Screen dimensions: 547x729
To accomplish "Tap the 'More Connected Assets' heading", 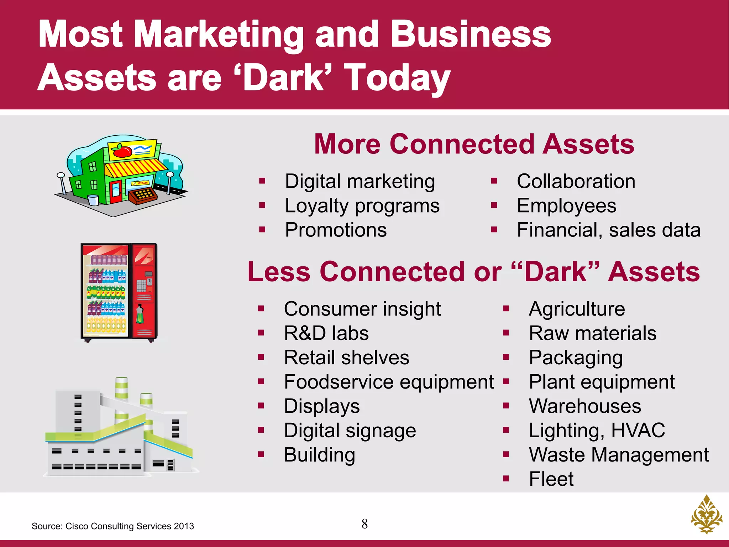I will pyautogui.click(x=474, y=144).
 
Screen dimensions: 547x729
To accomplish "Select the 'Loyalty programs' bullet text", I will pyautogui.click(x=362, y=206).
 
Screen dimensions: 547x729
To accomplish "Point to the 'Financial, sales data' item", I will pyautogui.click(x=608, y=230).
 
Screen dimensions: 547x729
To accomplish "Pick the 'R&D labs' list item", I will pyautogui.click(x=326, y=334).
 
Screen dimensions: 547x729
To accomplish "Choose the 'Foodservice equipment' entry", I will pyautogui.click(x=389, y=382).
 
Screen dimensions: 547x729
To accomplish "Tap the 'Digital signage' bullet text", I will pyautogui.click(x=350, y=431).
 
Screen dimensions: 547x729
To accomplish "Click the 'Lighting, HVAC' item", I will pyautogui.click(x=597, y=431).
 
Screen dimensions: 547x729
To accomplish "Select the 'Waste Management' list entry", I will pyautogui.click(x=619, y=455).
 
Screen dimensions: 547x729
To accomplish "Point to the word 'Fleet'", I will pyautogui.click(x=551, y=479).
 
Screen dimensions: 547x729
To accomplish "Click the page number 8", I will pyautogui.click(x=364, y=524).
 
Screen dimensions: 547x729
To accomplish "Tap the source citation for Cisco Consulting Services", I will pyautogui.click(x=112, y=526).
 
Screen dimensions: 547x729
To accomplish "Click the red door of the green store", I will pyautogui.click(x=115, y=193).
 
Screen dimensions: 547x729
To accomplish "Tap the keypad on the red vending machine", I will pyautogui.click(x=141, y=285).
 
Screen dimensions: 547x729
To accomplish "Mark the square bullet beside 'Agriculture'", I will pyautogui.click(x=506, y=309).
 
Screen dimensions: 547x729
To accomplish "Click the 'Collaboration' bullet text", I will pyautogui.click(x=576, y=182).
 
